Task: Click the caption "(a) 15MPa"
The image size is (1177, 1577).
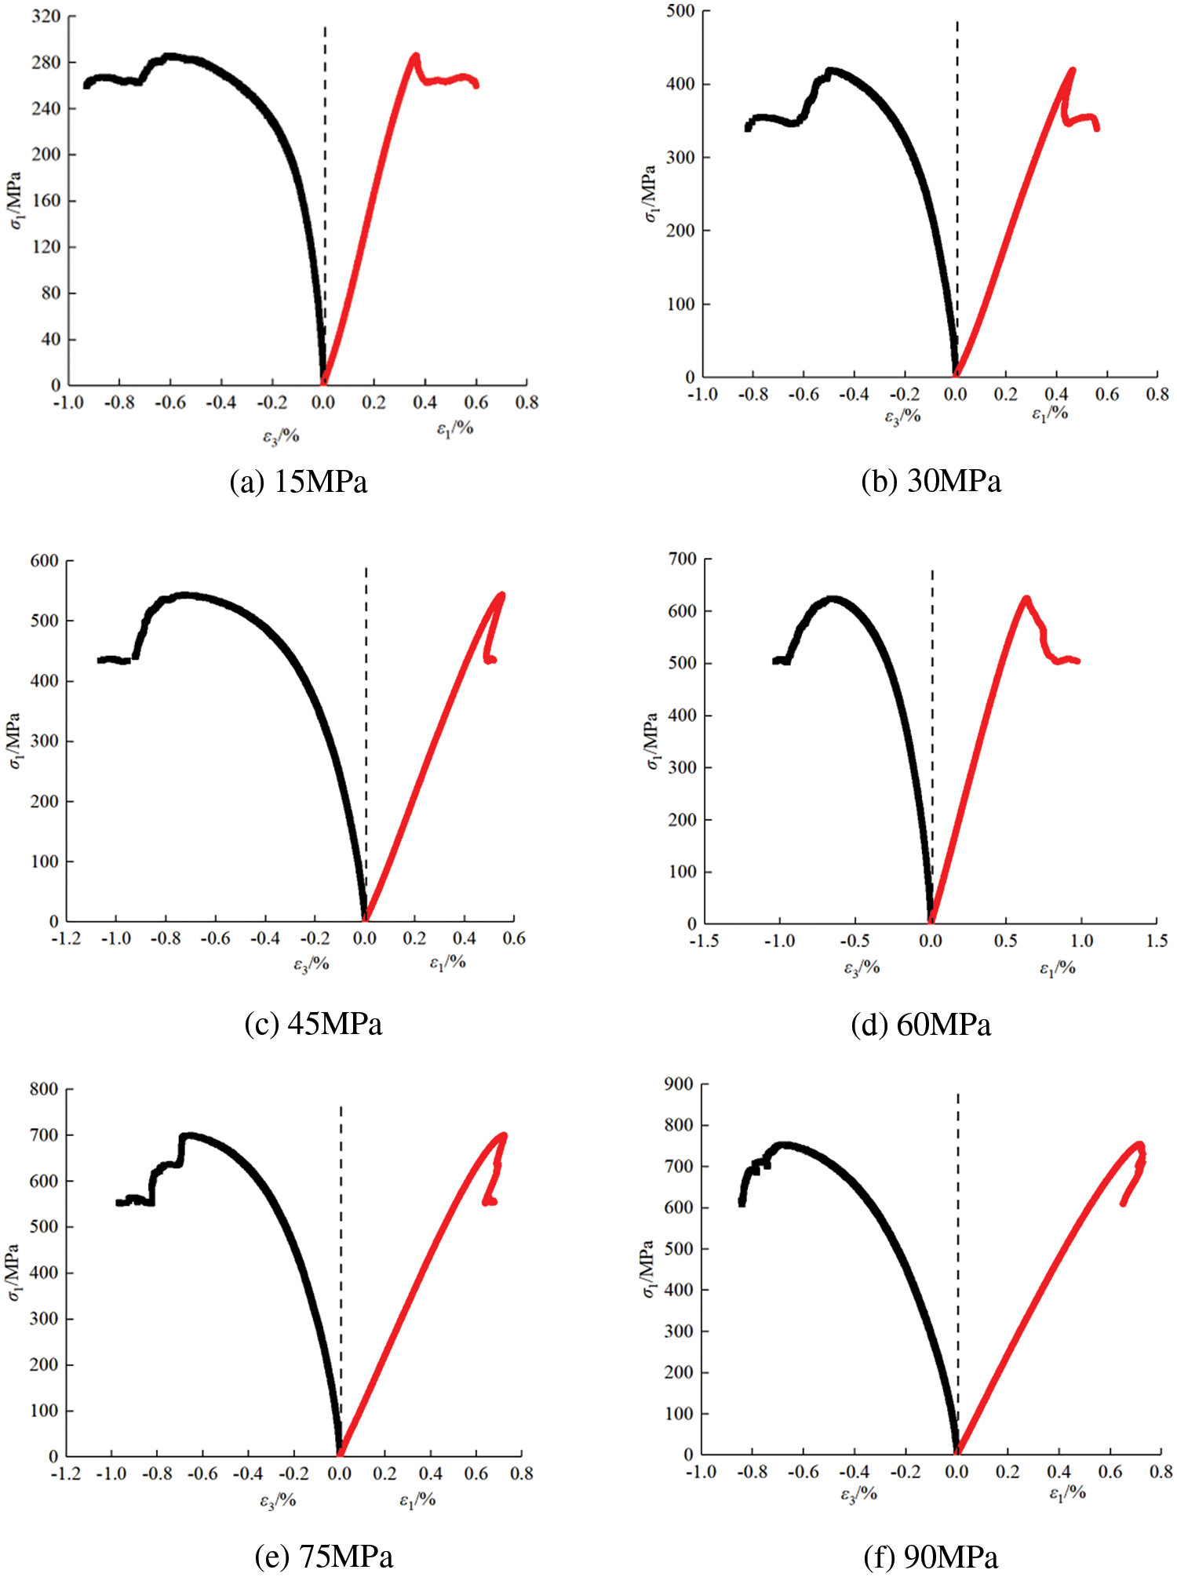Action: [298, 482]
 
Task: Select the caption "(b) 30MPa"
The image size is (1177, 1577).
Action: [931, 481]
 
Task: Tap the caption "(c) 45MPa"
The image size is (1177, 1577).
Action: [313, 1024]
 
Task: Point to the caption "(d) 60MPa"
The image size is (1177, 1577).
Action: [920, 1025]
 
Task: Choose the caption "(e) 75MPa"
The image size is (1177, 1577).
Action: [324, 1555]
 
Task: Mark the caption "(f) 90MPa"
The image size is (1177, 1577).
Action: [931, 1556]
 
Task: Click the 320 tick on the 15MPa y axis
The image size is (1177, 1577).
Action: [46, 16]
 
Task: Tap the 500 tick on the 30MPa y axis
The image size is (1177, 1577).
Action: [680, 11]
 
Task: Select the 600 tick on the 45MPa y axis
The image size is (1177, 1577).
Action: [45, 561]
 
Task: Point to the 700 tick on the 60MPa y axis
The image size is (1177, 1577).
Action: [682, 559]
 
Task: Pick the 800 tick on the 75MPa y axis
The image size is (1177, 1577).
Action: [44, 1089]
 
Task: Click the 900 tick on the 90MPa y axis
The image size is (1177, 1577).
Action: [679, 1084]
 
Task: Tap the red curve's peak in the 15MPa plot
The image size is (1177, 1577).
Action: [415, 56]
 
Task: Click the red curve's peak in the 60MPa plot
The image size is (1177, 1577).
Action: [1026, 599]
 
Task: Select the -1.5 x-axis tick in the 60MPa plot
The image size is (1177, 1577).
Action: [704, 940]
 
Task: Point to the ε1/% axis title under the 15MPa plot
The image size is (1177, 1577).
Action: [455, 428]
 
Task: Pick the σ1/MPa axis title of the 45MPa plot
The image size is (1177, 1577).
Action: [16, 741]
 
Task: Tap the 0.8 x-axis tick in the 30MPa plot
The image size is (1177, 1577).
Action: [1157, 394]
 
